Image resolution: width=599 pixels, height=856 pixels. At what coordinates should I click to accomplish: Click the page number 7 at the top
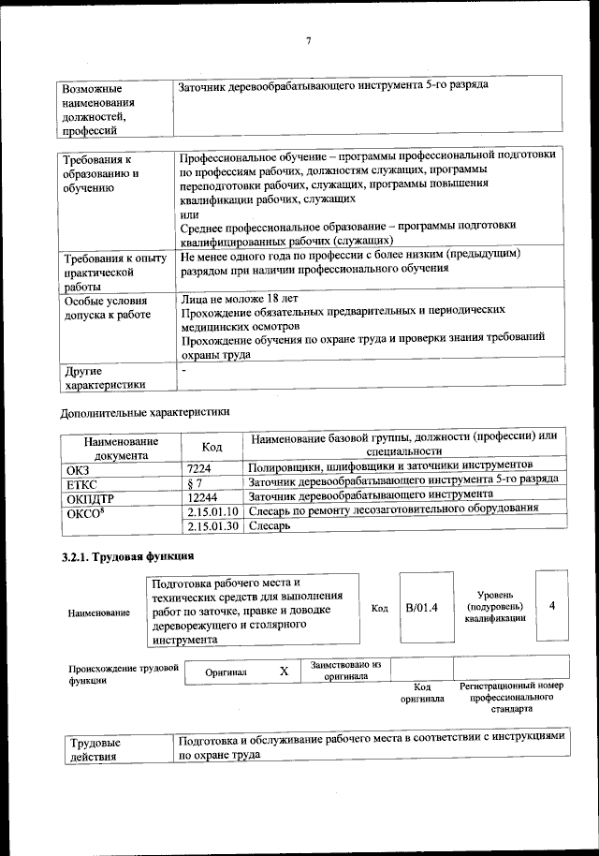tap(307, 39)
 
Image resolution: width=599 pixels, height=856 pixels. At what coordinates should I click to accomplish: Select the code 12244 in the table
tap(202, 495)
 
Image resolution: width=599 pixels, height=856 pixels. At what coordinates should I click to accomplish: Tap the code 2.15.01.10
tap(214, 510)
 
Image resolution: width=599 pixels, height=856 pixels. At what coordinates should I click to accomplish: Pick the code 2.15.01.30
tap(214, 526)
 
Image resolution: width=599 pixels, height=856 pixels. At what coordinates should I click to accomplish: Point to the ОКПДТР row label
tap(89, 496)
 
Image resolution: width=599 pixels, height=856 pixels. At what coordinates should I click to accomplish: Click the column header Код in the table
tap(212, 447)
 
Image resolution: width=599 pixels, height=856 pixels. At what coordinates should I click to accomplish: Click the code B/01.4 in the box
tap(421, 609)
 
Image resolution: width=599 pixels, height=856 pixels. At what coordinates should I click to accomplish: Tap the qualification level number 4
tap(552, 606)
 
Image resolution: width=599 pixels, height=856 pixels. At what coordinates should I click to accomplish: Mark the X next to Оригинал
tap(284, 672)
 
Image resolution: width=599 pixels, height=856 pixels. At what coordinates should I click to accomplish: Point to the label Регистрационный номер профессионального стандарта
tap(513, 698)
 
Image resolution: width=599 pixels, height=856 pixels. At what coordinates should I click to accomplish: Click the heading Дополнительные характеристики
tap(144, 411)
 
